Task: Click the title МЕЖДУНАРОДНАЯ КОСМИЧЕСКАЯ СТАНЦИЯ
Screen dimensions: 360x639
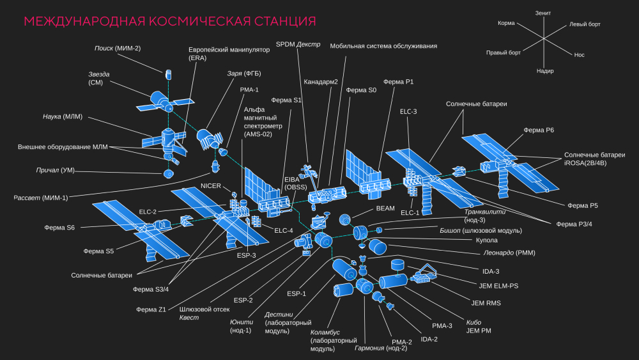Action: pos(169,22)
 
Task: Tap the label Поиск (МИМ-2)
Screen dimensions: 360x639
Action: pos(117,48)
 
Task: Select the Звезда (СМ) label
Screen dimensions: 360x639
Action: pos(99,78)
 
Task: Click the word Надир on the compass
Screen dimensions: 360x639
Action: pos(545,70)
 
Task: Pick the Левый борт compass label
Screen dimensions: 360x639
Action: pos(585,24)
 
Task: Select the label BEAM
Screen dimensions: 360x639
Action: pos(385,208)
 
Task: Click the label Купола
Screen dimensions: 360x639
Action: pos(487,241)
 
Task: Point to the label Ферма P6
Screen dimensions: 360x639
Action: pos(539,130)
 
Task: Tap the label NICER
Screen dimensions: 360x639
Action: pos(211,186)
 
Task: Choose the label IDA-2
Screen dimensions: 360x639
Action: pos(429,338)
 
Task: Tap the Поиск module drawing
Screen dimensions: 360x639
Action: pos(169,74)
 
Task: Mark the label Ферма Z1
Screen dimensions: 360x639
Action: pos(151,309)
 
